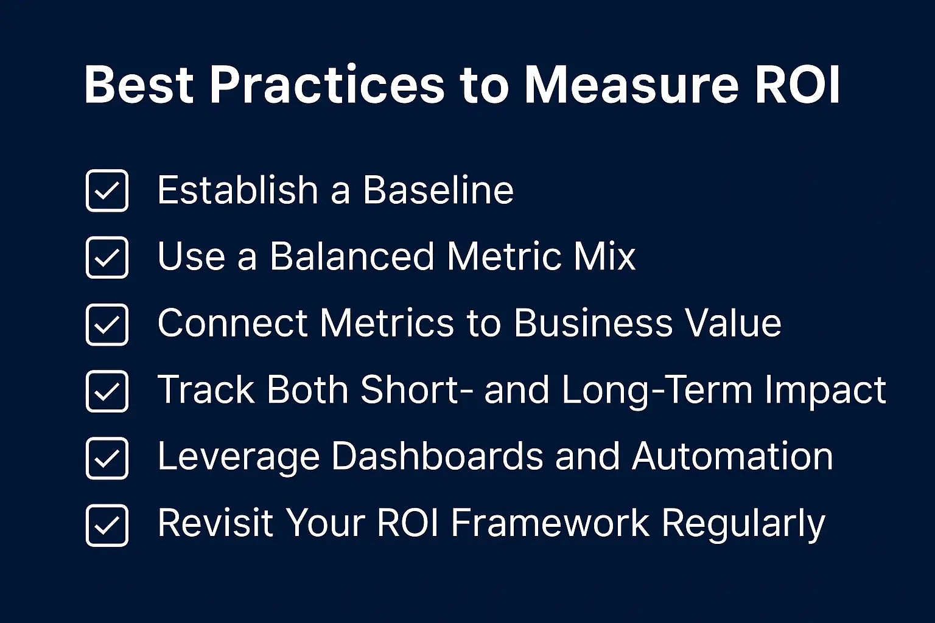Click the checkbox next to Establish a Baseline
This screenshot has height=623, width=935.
[x=107, y=190]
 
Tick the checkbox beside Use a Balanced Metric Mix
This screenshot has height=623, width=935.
[x=107, y=257]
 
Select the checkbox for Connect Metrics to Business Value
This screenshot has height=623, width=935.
[x=107, y=324]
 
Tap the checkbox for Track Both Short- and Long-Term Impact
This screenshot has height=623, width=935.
[x=107, y=391]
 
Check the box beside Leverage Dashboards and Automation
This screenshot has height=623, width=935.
[x=107, y=458]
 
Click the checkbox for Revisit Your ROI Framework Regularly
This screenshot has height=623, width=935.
[x=107, y=525]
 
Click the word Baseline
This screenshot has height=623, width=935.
[x=438, y=190]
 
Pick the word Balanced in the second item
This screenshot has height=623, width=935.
[x=352, y=256]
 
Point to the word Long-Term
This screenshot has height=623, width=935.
[x=657, y=390]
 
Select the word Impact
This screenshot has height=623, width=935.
[x=825, y=391]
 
